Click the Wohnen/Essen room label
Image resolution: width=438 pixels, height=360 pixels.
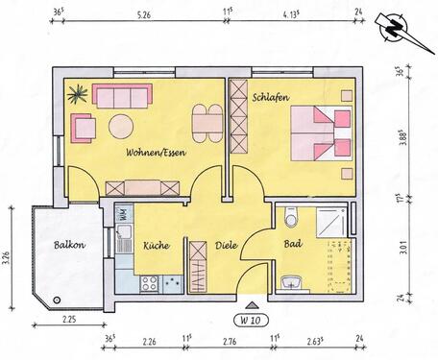[155, 153]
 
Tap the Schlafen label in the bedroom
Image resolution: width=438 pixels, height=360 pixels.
[272, 98]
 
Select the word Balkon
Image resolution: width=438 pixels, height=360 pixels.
[70, 245]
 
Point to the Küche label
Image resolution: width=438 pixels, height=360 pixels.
[157, 245]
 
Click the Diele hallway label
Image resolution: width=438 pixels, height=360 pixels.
[226, 245]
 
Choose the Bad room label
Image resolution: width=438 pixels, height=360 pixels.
[293, 244]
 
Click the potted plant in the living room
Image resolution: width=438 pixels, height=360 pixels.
[77, 94]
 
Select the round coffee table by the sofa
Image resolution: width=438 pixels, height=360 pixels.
[121, 125]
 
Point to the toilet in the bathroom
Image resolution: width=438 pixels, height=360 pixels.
[292, 219]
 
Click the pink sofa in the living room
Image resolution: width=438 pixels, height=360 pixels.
[123, 97]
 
